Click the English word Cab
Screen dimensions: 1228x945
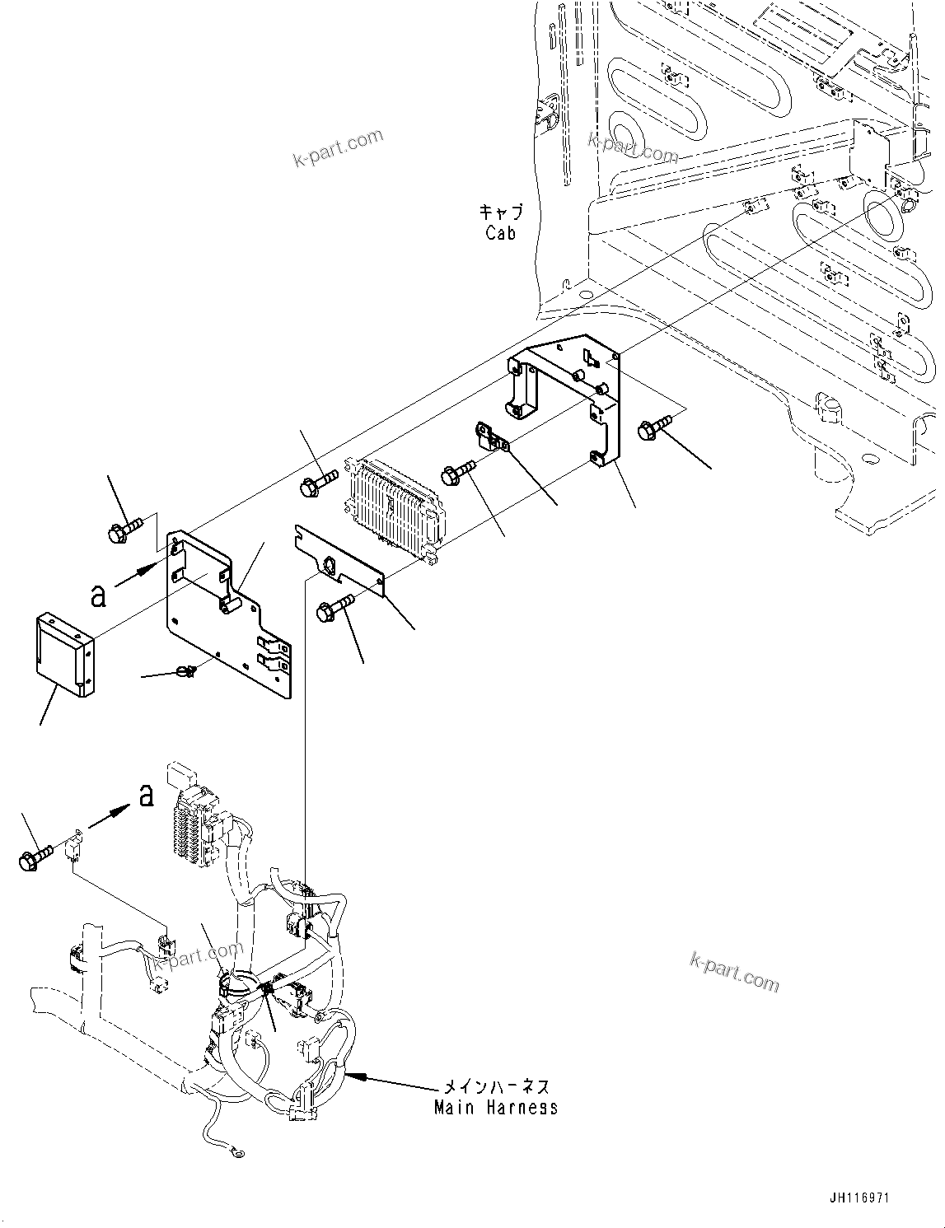(500, 233)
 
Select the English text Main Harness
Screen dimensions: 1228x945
(495, 1108)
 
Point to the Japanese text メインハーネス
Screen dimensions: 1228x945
(495, 1088)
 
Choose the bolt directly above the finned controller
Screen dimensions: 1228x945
(317, 483)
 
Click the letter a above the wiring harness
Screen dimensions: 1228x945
(146, 795)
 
